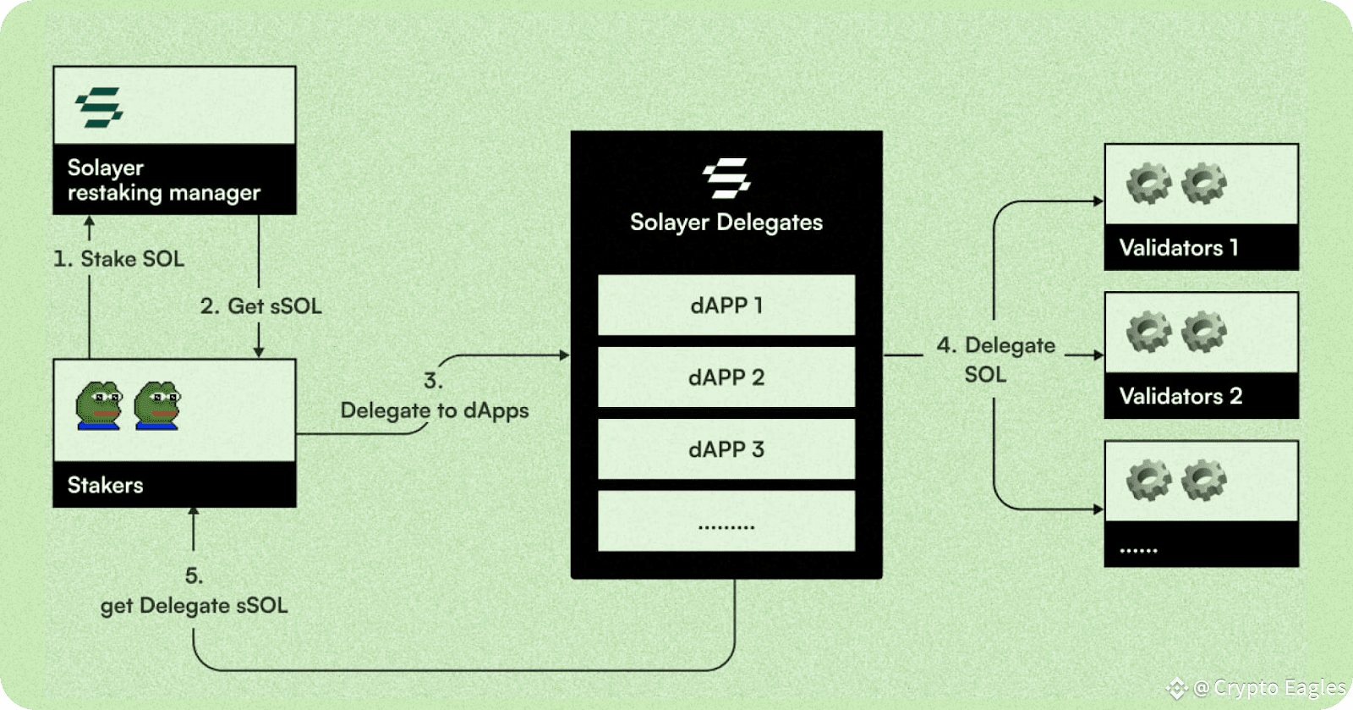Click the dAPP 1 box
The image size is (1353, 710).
(726, 305)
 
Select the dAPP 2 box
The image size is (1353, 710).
(726, 377)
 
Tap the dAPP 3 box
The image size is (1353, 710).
(726, 449)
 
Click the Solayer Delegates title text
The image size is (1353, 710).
(726, 223)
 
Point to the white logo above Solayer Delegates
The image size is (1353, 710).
(726, 178)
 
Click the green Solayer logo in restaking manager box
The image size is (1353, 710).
(99, 107)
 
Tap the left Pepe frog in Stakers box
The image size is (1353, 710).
(98, 405)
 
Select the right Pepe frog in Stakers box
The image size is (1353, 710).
(156, 405)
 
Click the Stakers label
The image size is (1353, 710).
(105, 485)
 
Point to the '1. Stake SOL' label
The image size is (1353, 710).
(119, 259)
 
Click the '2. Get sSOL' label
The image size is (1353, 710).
(261, 305)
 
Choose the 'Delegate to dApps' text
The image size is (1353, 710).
(435, 410)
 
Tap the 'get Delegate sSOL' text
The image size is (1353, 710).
(194, 605)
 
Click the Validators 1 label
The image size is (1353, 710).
(1179, 247)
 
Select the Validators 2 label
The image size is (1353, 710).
(1180, 396)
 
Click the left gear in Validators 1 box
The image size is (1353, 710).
(1149, 183)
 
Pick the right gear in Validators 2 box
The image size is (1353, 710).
(1204, 332)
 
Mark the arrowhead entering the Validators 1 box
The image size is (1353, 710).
(1098, 201)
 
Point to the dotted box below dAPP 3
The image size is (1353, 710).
(726, 521)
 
